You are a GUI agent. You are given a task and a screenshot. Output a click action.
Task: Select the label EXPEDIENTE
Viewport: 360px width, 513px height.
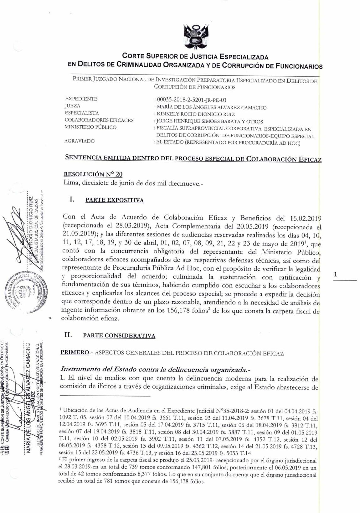tap(81, 99)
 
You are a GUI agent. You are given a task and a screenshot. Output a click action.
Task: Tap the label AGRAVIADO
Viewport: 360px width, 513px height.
tap(79, 141)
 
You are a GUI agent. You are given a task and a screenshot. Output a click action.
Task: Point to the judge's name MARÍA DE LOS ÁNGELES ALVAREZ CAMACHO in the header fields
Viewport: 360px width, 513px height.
tap(212, 107)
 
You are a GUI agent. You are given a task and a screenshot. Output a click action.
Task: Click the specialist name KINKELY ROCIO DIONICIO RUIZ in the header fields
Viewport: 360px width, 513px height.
tap(196, 114)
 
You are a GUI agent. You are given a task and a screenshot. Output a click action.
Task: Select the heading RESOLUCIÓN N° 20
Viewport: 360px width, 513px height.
tap(93, 174)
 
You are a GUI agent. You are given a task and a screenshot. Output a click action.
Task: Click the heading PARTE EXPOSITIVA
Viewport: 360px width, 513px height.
tap(115, 200)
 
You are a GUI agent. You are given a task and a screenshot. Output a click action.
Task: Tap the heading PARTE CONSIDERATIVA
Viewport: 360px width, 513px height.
tap(119, 336)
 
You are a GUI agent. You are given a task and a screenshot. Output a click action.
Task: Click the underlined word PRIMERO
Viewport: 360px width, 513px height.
tap(75, 352)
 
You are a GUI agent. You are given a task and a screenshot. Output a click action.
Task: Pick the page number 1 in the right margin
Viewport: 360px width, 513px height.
tap(335, 275)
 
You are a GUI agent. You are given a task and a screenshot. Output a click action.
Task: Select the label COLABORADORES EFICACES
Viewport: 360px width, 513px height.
tap(99, 120)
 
